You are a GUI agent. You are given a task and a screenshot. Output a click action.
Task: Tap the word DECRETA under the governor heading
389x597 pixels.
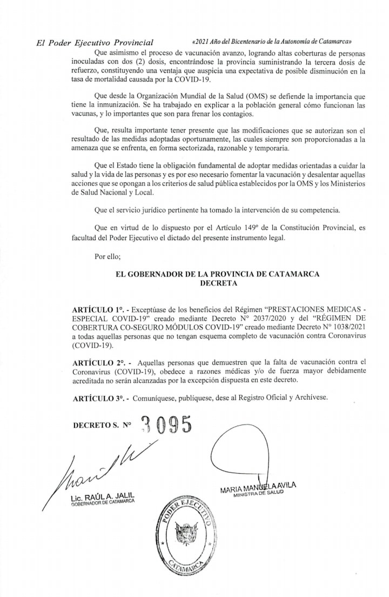(217, 282)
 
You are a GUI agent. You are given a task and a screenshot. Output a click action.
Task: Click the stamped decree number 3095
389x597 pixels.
(166, 426)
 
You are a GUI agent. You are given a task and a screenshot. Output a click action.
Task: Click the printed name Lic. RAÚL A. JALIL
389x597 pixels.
(102, 497)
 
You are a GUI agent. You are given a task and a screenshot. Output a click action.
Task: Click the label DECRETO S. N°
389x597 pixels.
(103, 425)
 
